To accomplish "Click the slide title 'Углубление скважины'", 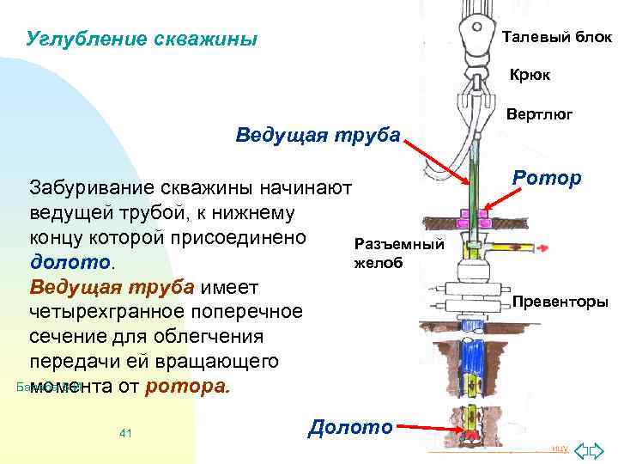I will pyautogui.click(x=142, y=40).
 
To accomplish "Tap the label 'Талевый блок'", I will pyautogui.click(x=556, y=38).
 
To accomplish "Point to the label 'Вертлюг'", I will pyautogui.click(x=539, y=114).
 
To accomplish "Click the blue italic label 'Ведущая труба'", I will pyautogui.click(x=318, y=135).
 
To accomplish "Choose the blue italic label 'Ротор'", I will pyautogui.click(x=546, y=178).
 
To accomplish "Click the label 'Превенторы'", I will pyautogui.click(x=560, y=302).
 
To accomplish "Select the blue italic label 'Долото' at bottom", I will pyautogui.click(x=350, y=425).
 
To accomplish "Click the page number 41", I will pyautogui.click(x=125, y=433).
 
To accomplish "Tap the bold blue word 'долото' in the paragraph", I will pyautogui.click(x=76, y=260).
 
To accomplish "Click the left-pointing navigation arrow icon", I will pyautogui.click(x=580, y=450).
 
